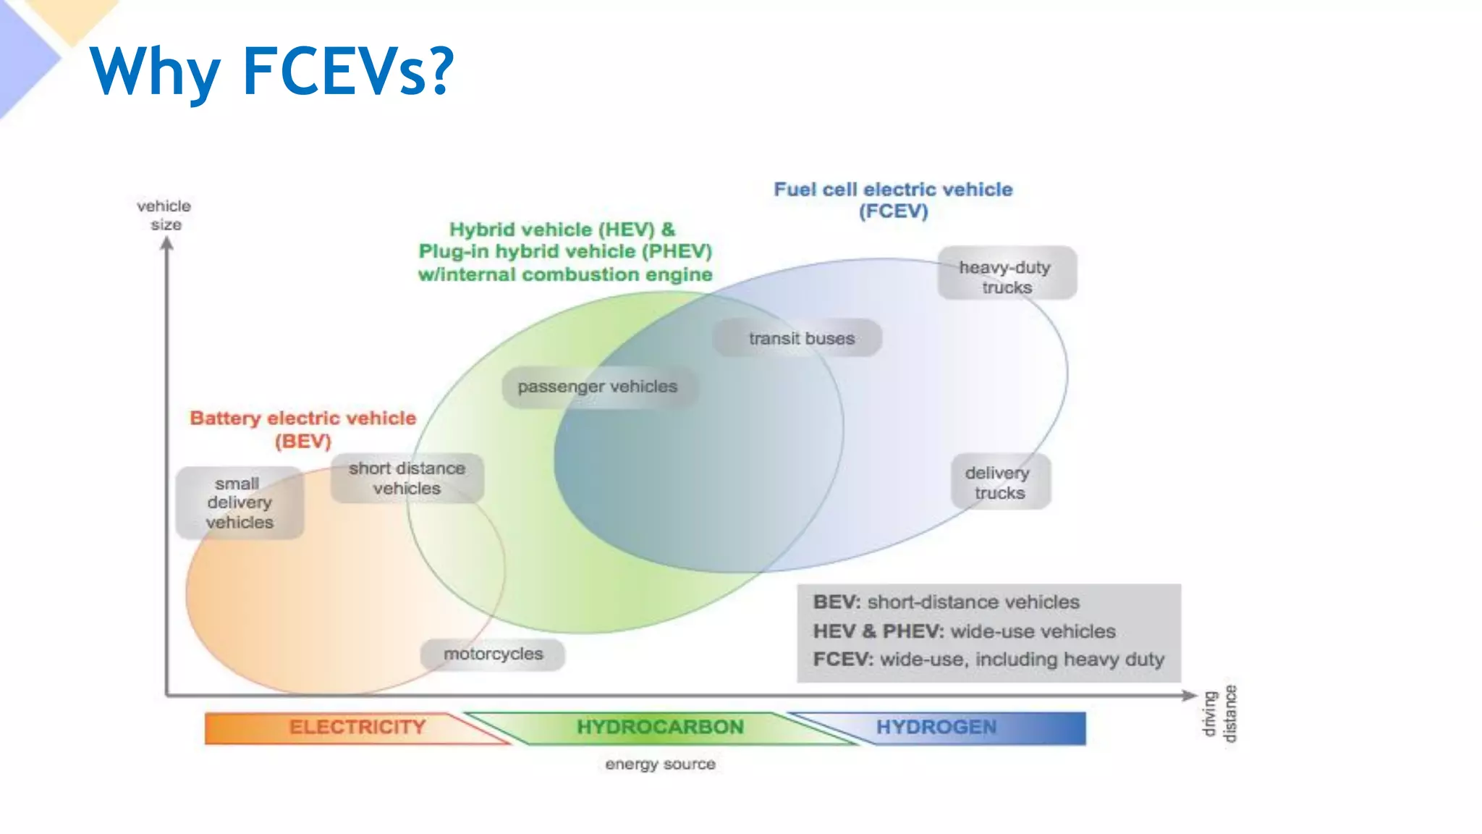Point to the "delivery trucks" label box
click(x=1000, y=482)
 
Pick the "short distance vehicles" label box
click(x=407, y=478)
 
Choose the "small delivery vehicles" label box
click(x=240, y=502)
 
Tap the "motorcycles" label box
click(x=493, y=654)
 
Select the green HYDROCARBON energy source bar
click(x=660, y=728)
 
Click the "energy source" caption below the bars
click(x=660, y=764)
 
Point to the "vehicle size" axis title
click(x=165, y=215)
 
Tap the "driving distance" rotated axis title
click(x=1219, y=714)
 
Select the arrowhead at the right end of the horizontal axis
click(x=1190, y=695)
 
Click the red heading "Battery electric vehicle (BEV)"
click(x=302, y=429)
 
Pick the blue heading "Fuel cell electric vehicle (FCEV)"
click(x=893, y=200)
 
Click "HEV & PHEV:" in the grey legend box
click(x=878, y=631)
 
